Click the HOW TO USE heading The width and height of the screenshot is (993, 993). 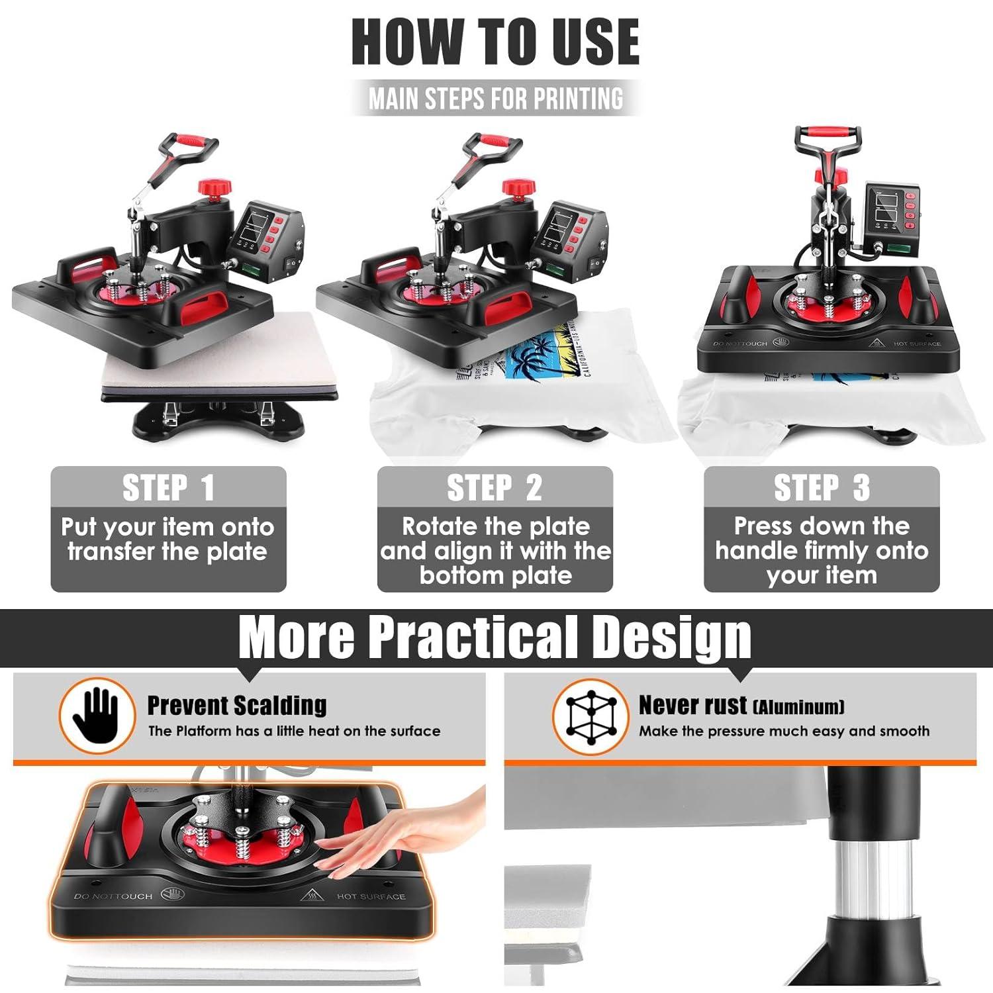coord(495,41)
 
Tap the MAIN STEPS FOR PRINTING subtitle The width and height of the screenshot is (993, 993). coord(496,99)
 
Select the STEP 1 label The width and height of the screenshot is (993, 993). coord(168,488)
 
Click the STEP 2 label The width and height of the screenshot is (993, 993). coord(495,488)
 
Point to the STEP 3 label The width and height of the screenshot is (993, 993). coord(822,488)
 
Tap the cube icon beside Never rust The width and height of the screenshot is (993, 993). coord(589,716)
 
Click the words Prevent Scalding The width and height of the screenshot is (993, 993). coord(236,706)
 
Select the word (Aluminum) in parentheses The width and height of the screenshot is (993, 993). coord(799,707)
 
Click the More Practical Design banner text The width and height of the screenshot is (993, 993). coord(495,637)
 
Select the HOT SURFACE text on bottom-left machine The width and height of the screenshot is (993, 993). coord(371,896)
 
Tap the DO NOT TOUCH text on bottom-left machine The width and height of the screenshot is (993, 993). coord(113,896)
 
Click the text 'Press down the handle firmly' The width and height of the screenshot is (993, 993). coord(822,538)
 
